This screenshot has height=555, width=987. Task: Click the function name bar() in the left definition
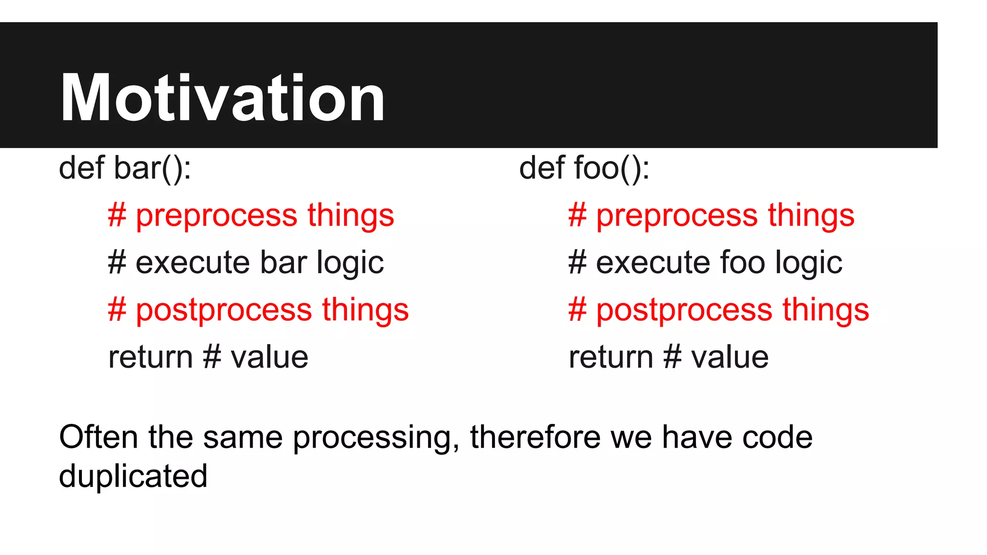pyautogui.click(x=152, y=168)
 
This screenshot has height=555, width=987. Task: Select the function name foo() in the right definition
pyautogui.click(x=611, y=168)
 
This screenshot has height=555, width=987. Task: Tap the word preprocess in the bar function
pyautogui.click(x=216, y=215)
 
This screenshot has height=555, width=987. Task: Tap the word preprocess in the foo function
pyautogui.click(x=677, y=215)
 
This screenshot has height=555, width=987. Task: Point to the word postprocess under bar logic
pyautogui.click(x=224, y=310)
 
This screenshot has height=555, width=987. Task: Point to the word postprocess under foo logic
pyautogui.click(x=684, y=310)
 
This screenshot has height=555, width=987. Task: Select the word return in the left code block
pyautogui.click(x=150, y=357)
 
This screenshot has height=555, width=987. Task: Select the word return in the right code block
pyautogui.click(x=611, y=357)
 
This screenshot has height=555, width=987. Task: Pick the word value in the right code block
pyautogui.click(x=730, y=357)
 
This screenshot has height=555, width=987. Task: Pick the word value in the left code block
pyautogui.click(x=269, y=357)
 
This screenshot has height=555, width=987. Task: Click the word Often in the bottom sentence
pyautogui.click(x=98, y=437)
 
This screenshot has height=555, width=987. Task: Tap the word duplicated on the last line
pyautogui.click(x=133, y=476)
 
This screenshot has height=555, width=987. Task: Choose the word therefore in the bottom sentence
pyautogui.click(x=535, y=437)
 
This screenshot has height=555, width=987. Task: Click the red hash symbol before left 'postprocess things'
pyautogui.click(x=117, y=310)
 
